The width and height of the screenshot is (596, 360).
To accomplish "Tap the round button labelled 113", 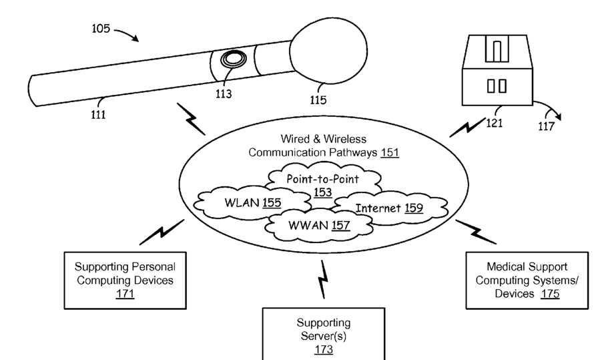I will click(232, 60).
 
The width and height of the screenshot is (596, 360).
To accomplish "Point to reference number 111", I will click(99, 114).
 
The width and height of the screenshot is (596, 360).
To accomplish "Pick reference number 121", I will click(495, 123).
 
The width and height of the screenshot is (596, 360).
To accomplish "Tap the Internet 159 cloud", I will click(388, 208).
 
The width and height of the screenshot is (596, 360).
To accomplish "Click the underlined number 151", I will click(390, 152).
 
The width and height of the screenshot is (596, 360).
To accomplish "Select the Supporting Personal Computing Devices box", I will click(125, 280).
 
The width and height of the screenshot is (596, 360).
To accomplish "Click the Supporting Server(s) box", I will click(323, 334).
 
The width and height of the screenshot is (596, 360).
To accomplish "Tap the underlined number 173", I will click(323, 349).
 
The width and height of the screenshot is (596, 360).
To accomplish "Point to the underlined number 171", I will click(125, 293).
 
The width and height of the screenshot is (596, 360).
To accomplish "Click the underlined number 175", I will click(550, 293).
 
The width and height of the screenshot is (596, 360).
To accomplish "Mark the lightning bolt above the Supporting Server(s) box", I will click(324, 278).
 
